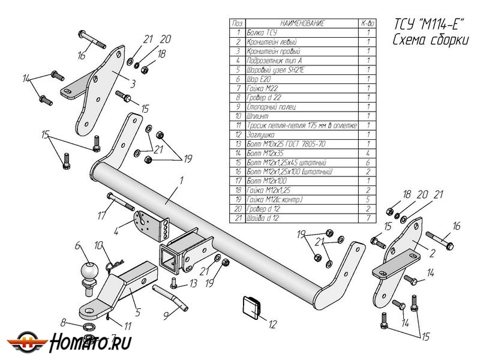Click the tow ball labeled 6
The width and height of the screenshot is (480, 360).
click(x=89, y=275)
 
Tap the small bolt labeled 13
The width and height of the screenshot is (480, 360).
click(x=173, y=283)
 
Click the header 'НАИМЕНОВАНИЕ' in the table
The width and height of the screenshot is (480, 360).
click(x=293, y=23)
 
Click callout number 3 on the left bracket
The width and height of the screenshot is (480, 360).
click(x=133, y=83)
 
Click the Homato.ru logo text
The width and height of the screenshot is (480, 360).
click(x=90, y=343)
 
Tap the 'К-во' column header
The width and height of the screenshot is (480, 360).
click(x=367, y=23)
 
